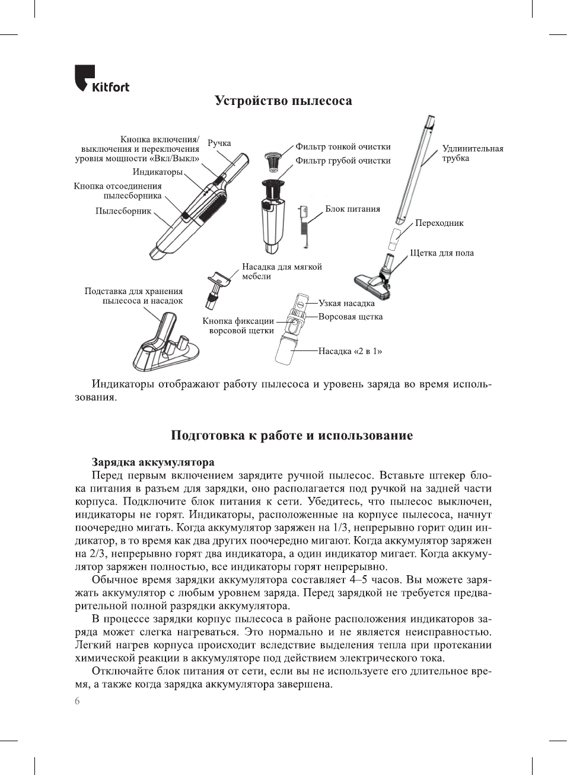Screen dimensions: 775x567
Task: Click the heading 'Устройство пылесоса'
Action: [283, 101]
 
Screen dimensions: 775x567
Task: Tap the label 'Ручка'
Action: [219, 143]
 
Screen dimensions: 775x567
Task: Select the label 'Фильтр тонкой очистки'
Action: [343, 146]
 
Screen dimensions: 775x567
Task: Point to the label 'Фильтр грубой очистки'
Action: [343, 160]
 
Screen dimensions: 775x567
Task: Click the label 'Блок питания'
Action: [352, 209]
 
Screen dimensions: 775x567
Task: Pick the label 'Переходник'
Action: [439, 223]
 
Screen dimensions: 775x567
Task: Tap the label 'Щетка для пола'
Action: [441, 253]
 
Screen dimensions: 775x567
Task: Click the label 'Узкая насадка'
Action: [346, 303]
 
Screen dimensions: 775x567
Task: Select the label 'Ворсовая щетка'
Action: [350, 317]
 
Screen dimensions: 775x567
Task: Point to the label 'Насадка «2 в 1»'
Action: [350, 351]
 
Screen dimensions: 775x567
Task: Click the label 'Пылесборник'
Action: [123, 211]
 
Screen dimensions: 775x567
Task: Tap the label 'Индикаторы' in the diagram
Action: [157, 172]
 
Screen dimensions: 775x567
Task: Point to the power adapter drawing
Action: [304, 225]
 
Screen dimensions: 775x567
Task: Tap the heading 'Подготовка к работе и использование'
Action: [291, 435]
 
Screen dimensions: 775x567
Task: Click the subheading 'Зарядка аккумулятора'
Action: [153, 462]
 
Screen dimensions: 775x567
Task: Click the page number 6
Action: [77, 701]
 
